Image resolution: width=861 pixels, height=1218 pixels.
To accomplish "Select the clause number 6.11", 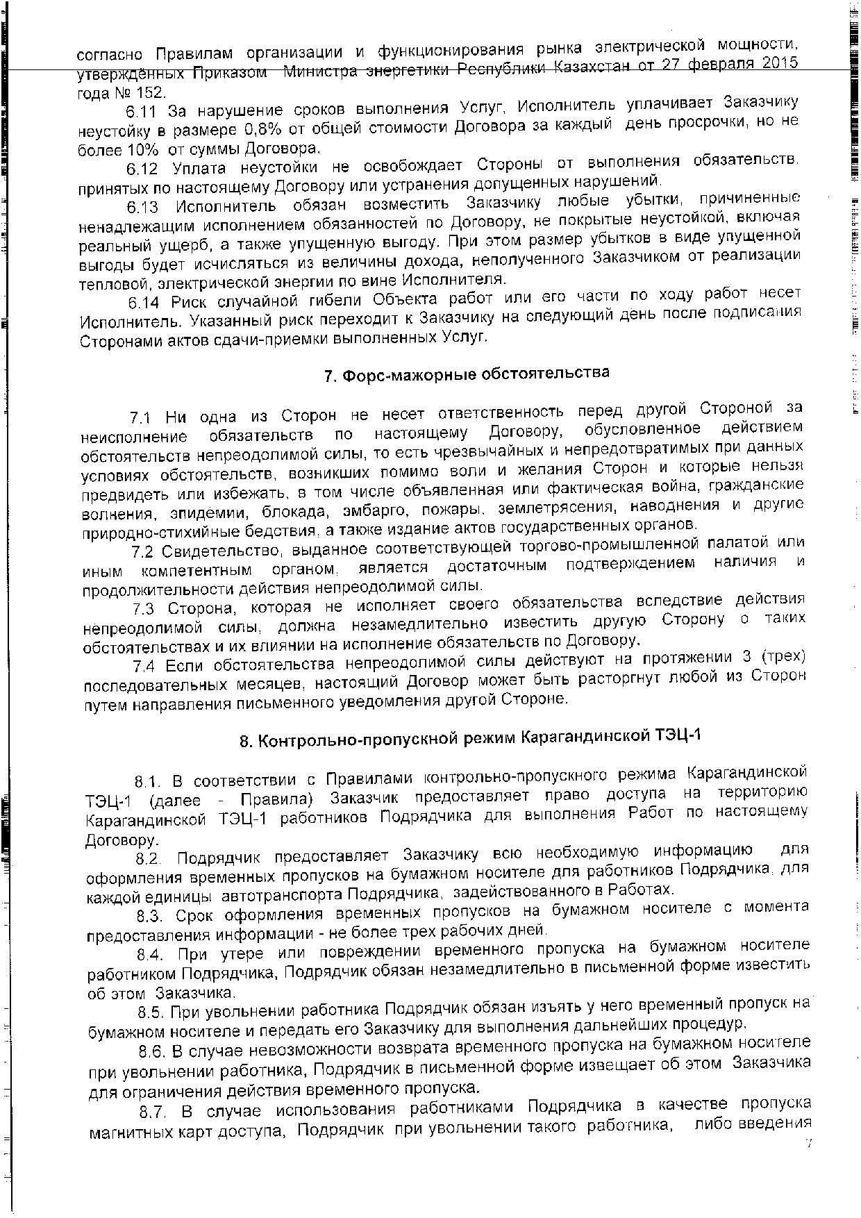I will [x=142, y=111].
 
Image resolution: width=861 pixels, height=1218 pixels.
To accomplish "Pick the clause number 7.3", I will [x=146, y=610].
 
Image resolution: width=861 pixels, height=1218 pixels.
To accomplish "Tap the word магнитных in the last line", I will [x=129, y=1133].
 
